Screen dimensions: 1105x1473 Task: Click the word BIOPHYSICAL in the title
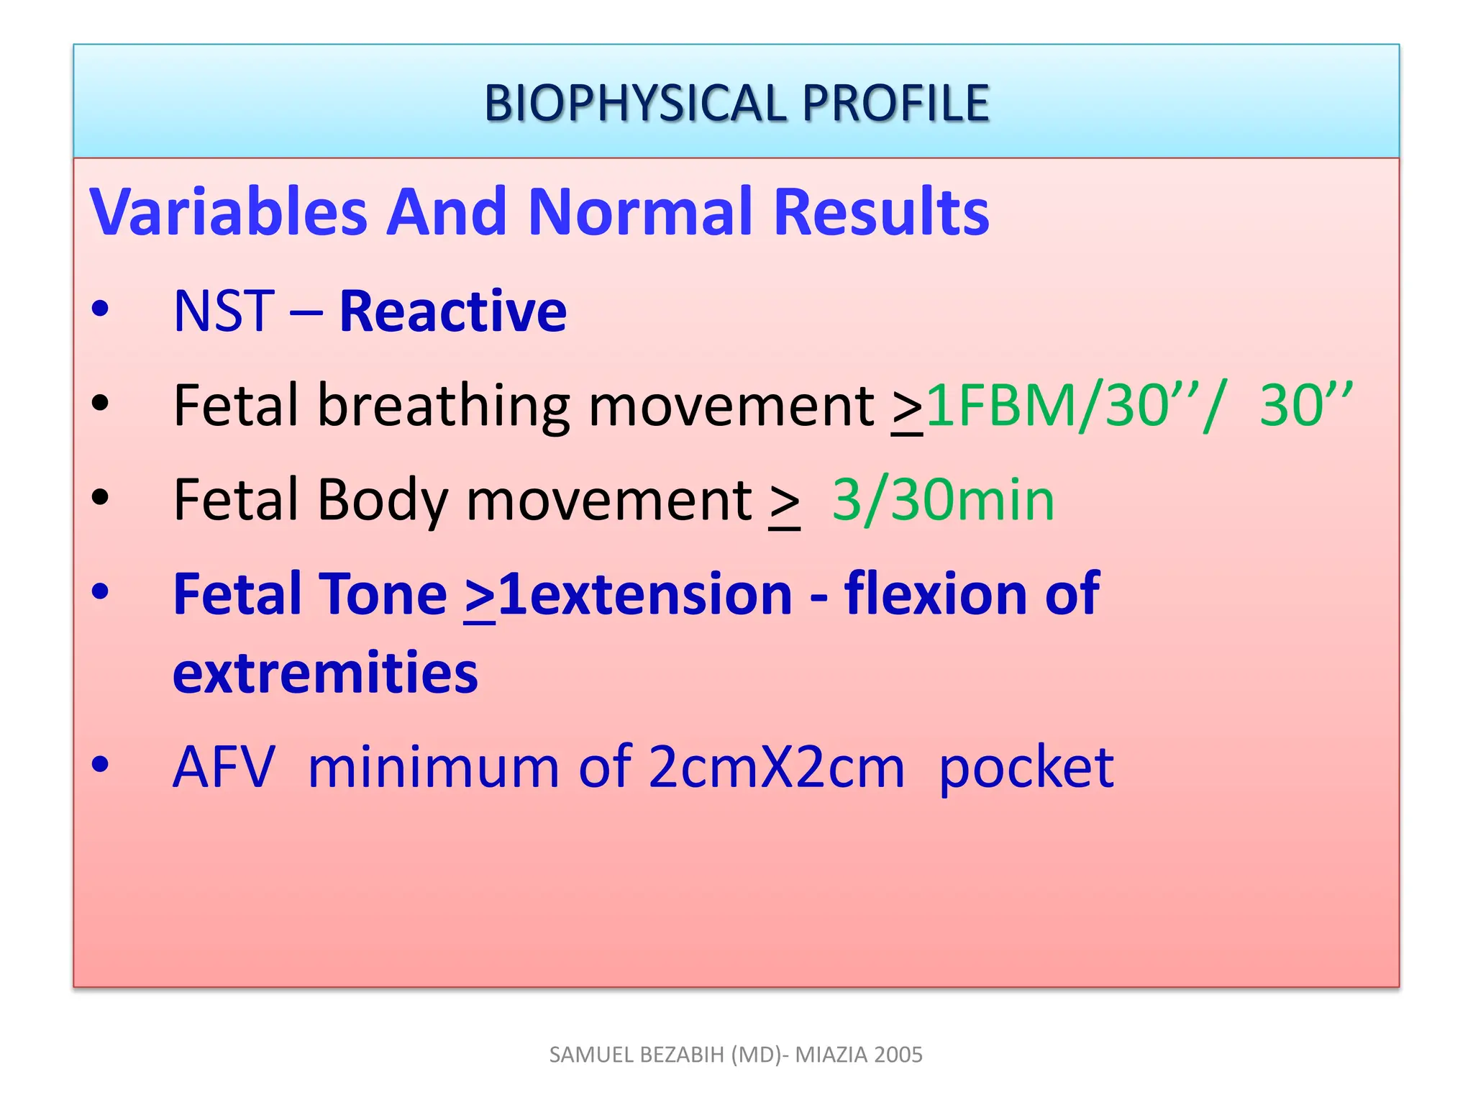point(636,103)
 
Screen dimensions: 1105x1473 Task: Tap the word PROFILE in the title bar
point(895,103)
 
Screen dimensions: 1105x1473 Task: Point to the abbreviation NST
point(224,311)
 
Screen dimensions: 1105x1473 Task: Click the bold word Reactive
point(453,311)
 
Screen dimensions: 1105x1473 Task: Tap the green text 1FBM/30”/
point(1072,405)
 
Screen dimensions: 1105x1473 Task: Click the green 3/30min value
point(943,500)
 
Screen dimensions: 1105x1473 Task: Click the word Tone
point(383,594)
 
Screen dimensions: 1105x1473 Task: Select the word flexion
point(934,594)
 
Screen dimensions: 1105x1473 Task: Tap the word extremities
point(325,673)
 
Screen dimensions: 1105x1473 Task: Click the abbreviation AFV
point(224,767)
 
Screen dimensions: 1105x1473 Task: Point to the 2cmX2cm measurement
point(775,767)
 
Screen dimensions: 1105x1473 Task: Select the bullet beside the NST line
point(100,309)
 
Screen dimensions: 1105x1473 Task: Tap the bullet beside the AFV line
point(100,765)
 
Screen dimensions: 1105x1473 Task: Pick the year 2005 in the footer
point(899,1055)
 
